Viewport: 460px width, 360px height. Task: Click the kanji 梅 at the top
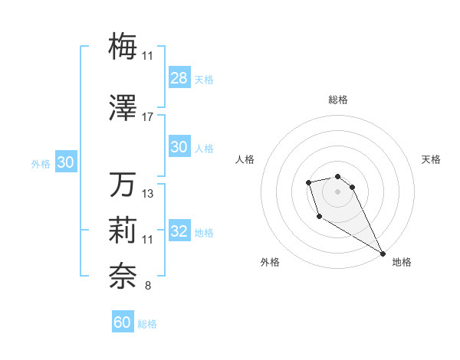click(123, 46)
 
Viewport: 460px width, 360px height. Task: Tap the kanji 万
click(123, 186)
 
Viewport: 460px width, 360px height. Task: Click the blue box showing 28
click(179, 79)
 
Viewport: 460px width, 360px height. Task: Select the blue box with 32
click(179, 232)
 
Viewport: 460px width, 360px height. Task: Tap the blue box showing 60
click(123, 322)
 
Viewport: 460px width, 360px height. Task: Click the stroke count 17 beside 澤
click(148, 117)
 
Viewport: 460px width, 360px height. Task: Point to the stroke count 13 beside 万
click(148, 194)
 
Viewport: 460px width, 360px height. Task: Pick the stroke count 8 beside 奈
click(147, 286)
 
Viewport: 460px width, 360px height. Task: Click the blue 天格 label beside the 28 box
click(203, 80)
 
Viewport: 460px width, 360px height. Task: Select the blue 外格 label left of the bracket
click(41, 163)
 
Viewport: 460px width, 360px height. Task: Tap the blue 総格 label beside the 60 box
click(147, 324)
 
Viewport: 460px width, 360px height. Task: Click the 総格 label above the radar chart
click(338, 100)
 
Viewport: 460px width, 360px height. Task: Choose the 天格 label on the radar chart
click(431, 159)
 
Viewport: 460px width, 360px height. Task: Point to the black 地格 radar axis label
click(402, 263)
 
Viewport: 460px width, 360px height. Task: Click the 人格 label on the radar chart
click(245, 159)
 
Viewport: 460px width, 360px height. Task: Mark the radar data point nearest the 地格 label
click(383, 254)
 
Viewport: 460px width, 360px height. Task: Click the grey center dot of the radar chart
click(338, 191)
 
